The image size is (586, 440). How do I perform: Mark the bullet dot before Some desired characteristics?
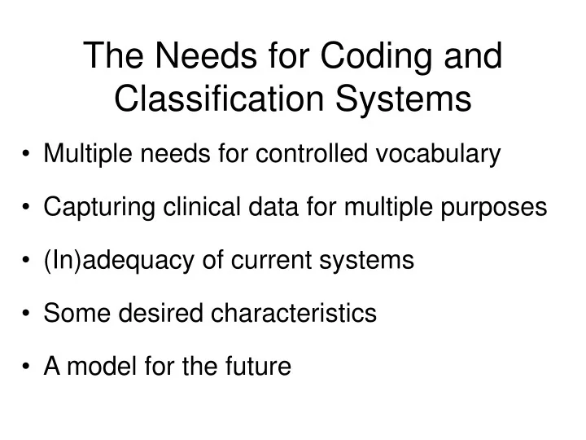(28, 314)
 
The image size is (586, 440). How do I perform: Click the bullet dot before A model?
(28, 367)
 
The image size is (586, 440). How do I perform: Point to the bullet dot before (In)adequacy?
(28, 261)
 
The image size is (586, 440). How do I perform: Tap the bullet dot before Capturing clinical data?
(28, 208)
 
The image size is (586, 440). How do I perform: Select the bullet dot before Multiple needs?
(28, 153)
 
